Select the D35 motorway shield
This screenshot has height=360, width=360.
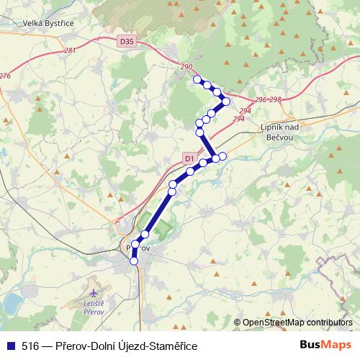tap(127, 42)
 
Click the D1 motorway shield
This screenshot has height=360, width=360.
tap(189, 158)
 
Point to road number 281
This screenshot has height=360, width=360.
tap(69, 50)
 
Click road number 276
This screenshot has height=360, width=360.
tap(6, 76)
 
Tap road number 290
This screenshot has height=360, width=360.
tap(187, 67)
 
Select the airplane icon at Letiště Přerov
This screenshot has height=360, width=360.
tap(94, 293)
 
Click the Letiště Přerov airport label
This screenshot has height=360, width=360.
tap(94, 308)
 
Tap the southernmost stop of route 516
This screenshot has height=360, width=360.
tap(133, 261)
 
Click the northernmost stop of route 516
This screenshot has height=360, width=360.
tap(197, 79)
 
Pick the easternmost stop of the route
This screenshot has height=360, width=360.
tap(226, 102)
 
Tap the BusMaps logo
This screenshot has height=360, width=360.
tap(326, 346)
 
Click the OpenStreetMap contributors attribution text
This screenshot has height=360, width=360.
tap(297, 323)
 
